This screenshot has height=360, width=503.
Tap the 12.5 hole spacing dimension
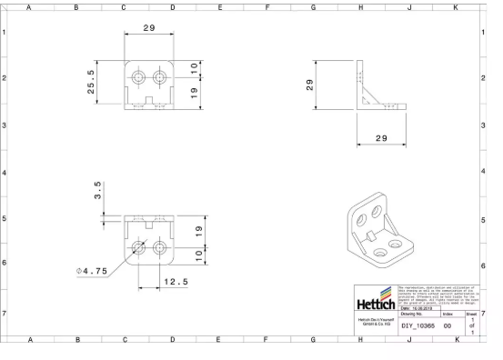[x=176, y=282]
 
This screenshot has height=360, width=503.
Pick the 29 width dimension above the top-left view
[x=148, y=28]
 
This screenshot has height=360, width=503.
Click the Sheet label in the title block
[x=471, y=314]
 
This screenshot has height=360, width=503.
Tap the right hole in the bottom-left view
[x=161, y=246]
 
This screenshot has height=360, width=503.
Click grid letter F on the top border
[x=267, y=6]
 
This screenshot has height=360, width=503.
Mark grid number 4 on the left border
[x=5, y=172]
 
